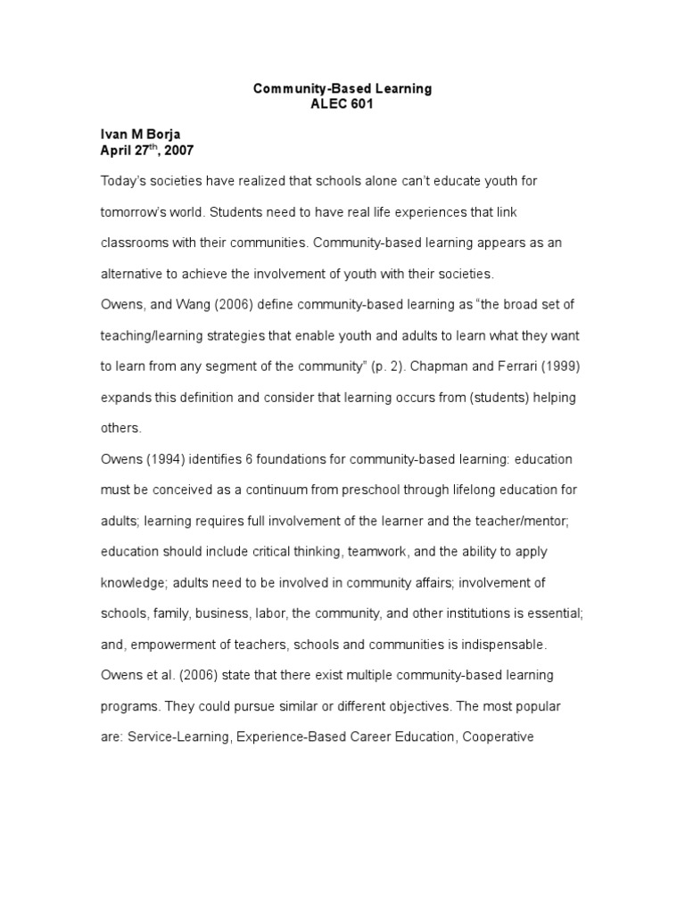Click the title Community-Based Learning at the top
pyautogui.click(x=342, y=88)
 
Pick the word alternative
pyautogui.click(x=132, y=274)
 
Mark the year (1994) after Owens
pyautogui.click(x=172, y=459)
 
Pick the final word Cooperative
pyautogui.click(x=496, y=737)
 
